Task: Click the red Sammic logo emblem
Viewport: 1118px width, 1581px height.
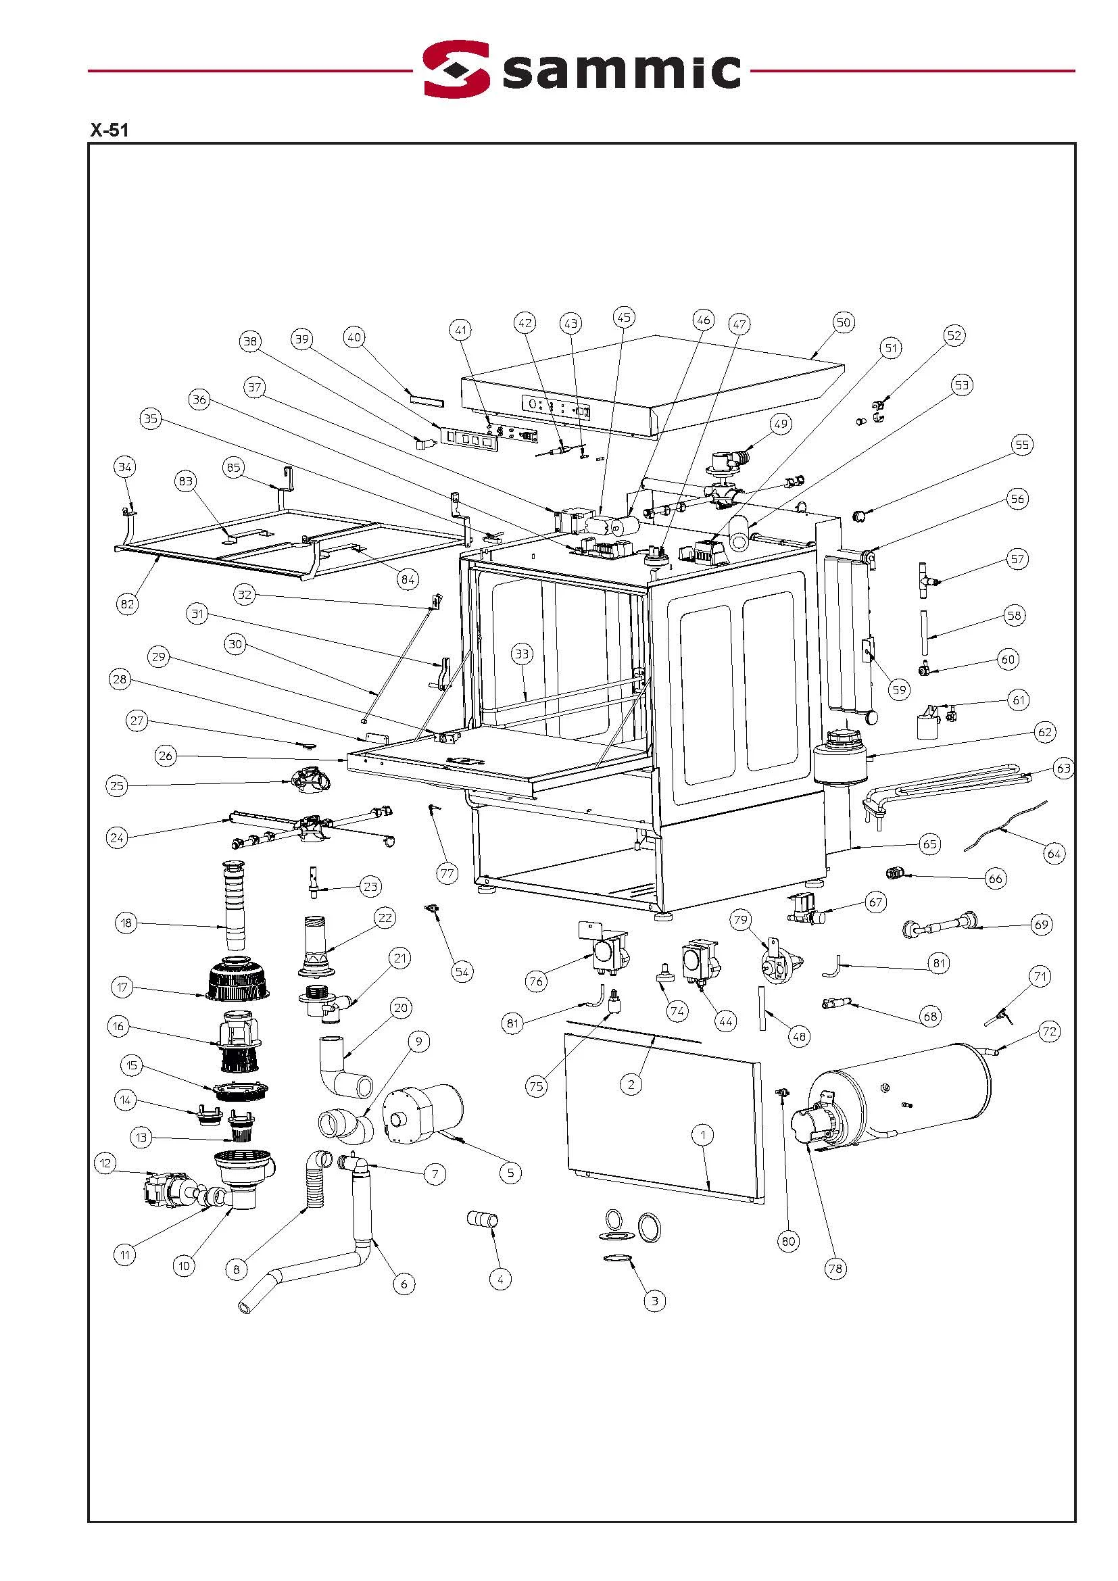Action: pos(456,69)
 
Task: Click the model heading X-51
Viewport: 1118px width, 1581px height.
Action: pos(109,130)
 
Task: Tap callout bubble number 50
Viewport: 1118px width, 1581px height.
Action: pos(844,322)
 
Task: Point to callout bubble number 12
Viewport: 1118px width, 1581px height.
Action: pos(105,1164)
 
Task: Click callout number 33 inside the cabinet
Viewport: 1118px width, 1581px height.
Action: pos(522,654)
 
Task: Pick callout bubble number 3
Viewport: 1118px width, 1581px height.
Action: pos(654,1300)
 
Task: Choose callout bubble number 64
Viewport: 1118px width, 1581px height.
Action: pos(1054,854)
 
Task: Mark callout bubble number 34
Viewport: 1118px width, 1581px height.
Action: pos(124,467)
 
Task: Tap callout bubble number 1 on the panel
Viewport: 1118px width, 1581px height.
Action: pos(703,1134)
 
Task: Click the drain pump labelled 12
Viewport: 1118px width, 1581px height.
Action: pos(164,1190)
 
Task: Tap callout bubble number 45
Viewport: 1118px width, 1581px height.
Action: pos(623,318)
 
